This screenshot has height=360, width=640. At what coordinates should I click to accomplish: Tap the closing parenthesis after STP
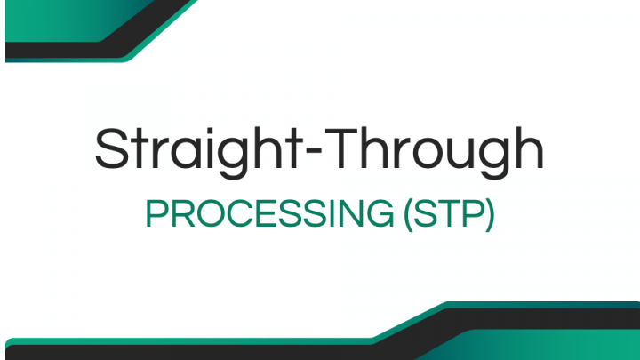pos(489,216)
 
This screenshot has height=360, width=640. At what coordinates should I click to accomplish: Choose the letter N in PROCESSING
pos(363,215)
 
